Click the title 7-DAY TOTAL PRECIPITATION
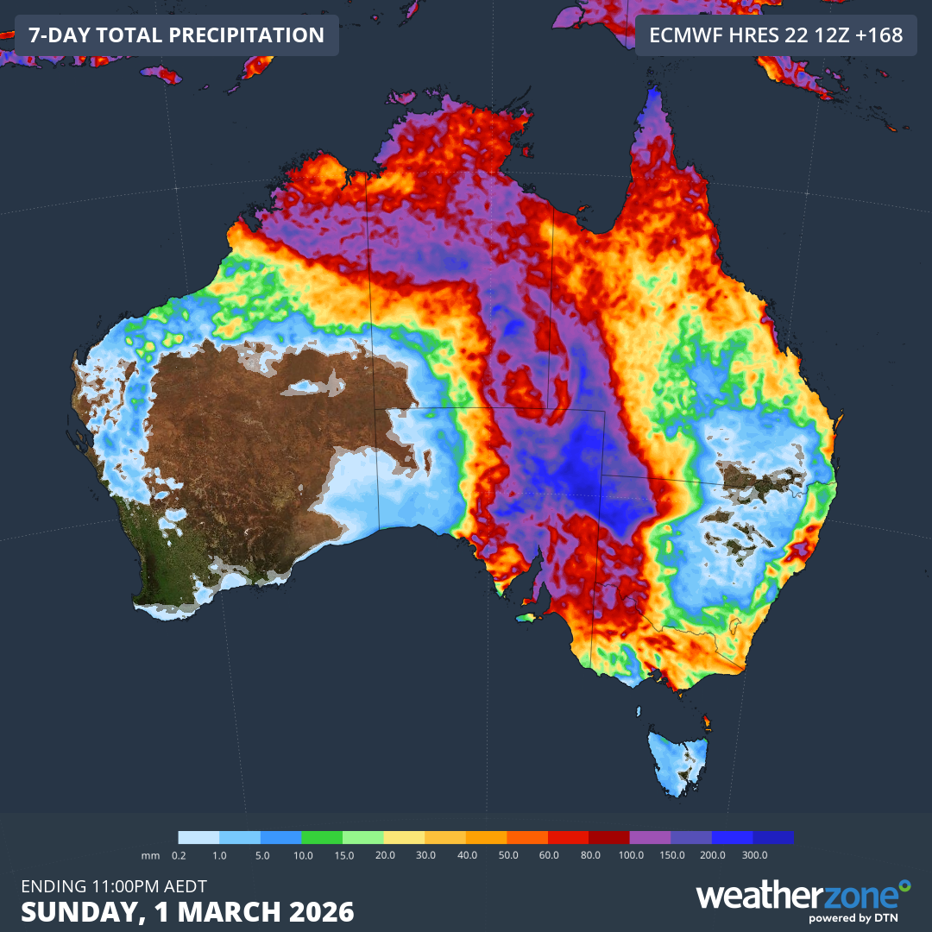click(176, 35)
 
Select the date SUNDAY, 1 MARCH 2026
click(187, 912)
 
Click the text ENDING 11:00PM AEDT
click(113, 886)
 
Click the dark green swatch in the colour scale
click(323, 837)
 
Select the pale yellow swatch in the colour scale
click(405, 837)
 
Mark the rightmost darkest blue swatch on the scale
click(773, 837)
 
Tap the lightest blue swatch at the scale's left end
click(199, 837)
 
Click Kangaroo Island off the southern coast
click(527, 617)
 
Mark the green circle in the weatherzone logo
click(904, 885)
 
